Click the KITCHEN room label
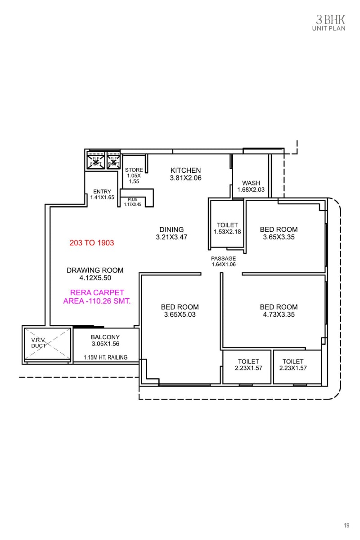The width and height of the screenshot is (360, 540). coord(185,170)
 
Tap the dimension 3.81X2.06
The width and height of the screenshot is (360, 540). coord(185,178)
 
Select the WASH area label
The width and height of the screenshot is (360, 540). coord(251,183)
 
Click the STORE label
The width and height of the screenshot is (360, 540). coord(134,170)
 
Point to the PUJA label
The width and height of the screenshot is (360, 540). coord(132,199)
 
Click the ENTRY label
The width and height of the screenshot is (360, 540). coord(102,191)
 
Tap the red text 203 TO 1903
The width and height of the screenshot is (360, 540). coord(92,243)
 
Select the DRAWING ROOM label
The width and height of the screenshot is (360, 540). coord(95,270)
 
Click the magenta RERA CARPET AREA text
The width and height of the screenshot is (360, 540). coord(97,297)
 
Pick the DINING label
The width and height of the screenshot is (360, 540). coord(171,229)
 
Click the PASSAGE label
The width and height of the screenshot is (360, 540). coord(224,259)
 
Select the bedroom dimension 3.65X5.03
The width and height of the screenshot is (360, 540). coord(180,315)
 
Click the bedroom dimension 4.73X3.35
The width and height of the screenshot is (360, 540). coord(279,315)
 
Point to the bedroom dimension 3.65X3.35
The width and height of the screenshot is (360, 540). coord(279,237)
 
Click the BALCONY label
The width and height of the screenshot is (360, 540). coord(105,337)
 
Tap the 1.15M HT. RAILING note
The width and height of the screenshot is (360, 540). coord(105,358)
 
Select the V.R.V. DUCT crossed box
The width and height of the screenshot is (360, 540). coord(47,344)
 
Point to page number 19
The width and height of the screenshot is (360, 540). coord(346,525)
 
